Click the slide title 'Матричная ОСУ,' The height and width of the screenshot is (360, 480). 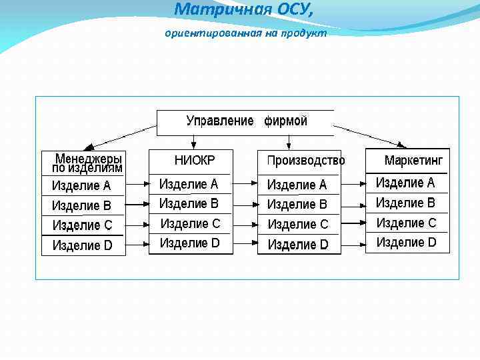coord(243,9)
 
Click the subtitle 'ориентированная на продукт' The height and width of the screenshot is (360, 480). coord(246,33)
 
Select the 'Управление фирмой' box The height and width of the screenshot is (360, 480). coord(245,122)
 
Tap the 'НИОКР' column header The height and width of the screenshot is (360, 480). coord(195,160)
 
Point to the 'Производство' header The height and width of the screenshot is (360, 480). coord(305,161)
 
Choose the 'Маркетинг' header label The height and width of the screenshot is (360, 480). coord(413,161)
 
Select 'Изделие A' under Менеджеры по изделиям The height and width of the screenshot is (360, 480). coord(81,186)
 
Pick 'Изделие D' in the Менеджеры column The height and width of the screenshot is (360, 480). coord(82,246)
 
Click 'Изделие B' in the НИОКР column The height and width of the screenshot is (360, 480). coord(189,203)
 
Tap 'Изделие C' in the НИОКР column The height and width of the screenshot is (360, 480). coord(190,223)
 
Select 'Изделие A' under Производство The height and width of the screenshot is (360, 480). coord(297,185)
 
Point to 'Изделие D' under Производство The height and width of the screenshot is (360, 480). coord(298,245)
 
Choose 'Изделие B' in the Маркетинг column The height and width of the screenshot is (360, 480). coord(405,203)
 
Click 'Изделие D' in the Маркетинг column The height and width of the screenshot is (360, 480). coord(406,243)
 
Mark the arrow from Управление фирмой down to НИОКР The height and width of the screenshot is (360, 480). coord(193,141)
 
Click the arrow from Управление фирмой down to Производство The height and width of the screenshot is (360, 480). coord(289,141)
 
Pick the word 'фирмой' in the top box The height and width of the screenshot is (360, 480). coord(286,121)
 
